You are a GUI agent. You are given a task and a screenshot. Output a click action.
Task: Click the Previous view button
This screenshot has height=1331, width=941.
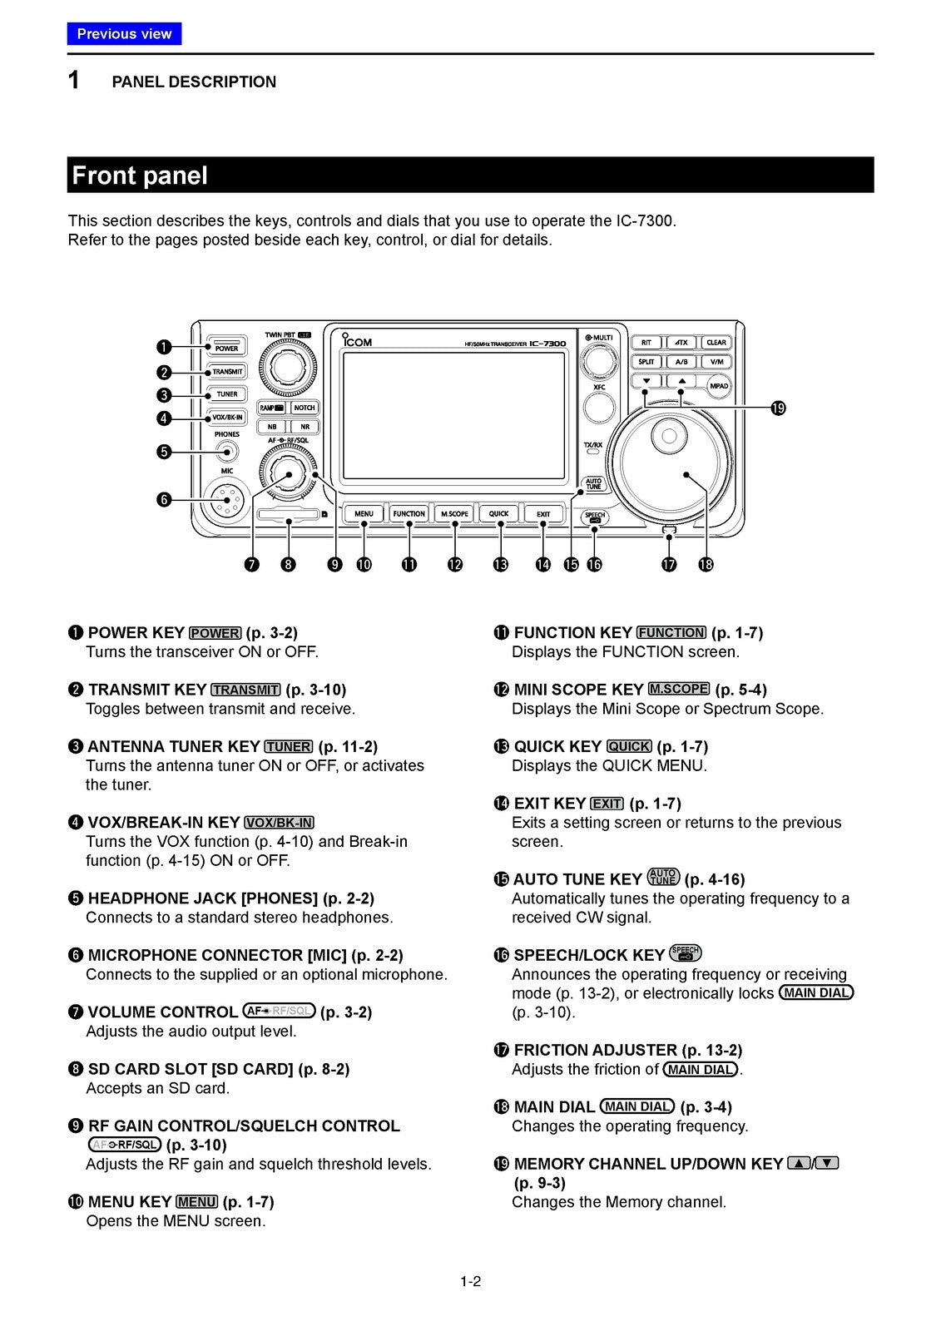click(124, 34)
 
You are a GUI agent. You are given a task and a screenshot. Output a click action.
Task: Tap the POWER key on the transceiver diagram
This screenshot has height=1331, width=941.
click(226, 348)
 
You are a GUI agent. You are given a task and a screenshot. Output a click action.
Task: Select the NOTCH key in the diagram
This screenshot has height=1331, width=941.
click(305, 408)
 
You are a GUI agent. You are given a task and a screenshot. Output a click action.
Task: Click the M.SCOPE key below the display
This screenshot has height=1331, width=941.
click(454, 514)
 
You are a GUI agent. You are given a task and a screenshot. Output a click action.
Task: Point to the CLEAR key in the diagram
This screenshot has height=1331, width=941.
click(716, 343)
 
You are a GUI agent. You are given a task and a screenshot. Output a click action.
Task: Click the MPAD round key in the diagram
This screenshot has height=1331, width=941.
click(718, 386)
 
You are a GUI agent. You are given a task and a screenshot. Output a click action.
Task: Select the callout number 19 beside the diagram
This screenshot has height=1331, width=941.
click(778, 408)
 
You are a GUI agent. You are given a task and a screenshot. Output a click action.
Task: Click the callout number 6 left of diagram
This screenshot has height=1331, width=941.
click(164, 499)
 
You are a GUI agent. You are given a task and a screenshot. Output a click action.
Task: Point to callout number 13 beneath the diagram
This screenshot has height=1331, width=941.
click(500, 565)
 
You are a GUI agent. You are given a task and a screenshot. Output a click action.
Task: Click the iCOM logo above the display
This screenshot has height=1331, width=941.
click(358, 341)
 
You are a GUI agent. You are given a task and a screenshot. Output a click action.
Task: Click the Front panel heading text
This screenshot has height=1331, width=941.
click(140, 176)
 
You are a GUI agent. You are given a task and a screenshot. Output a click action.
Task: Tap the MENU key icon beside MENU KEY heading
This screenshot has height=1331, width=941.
click(197, 1202)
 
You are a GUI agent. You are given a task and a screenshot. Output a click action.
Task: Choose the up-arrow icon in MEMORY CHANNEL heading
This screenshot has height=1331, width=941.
click(799, 1164)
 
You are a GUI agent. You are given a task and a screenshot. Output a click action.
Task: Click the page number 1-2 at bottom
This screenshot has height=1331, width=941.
click(470, 1281)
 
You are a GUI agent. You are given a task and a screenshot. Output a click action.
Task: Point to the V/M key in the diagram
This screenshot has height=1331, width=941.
click(716, 362)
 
